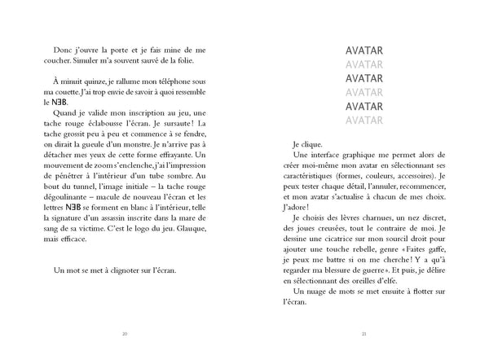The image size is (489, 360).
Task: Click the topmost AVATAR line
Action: (x=364, y=50)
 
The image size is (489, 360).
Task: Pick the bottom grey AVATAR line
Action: (x=364, y=120)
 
